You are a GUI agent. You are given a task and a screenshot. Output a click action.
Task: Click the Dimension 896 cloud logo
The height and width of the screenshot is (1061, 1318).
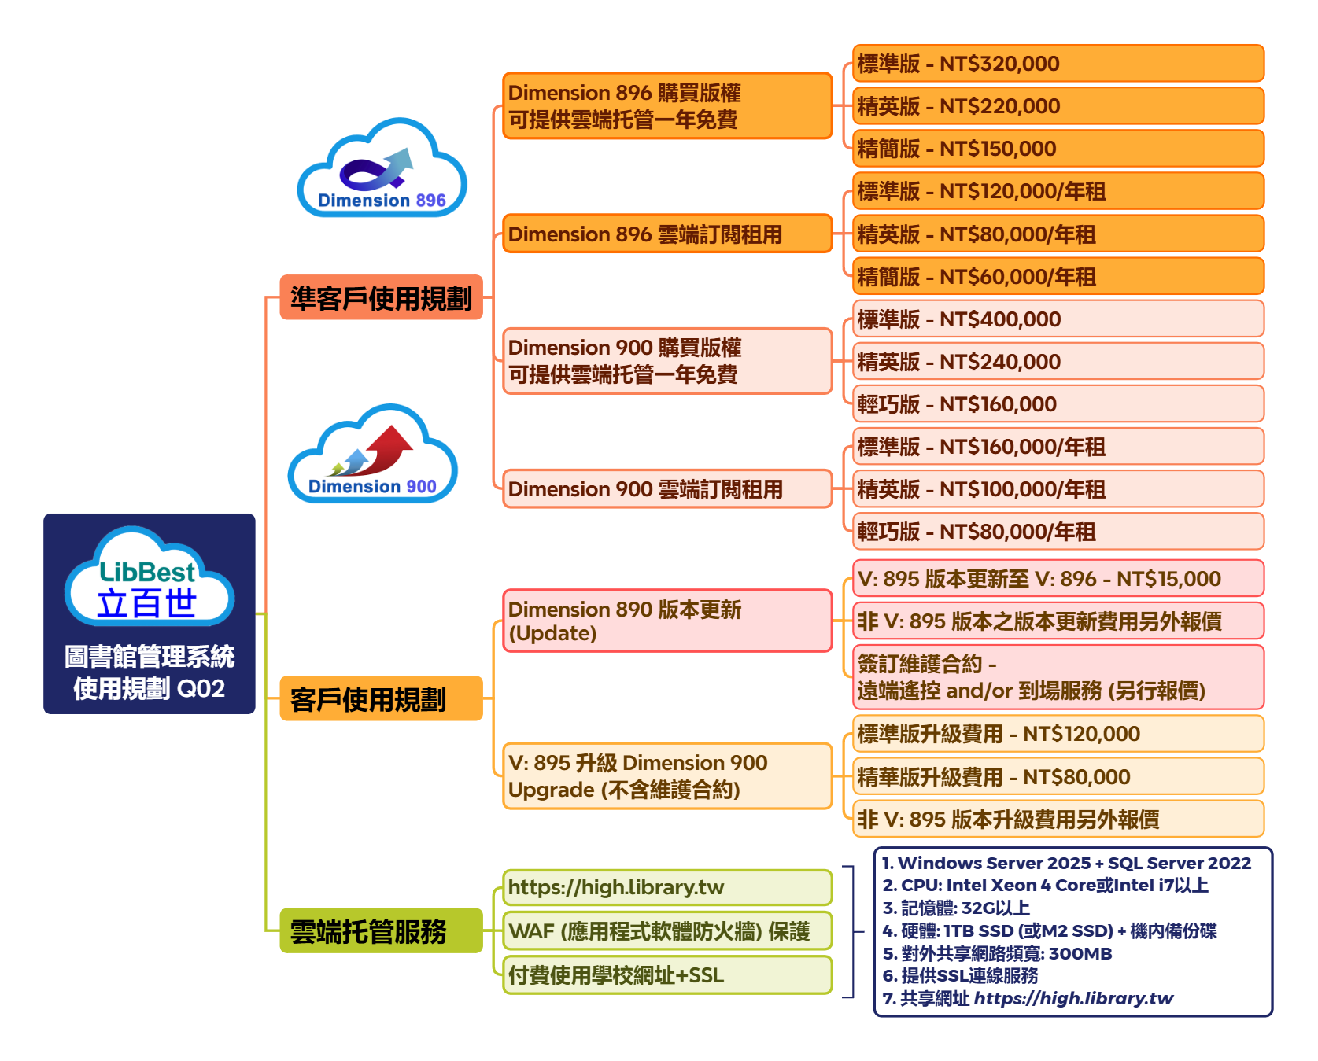point(382,169)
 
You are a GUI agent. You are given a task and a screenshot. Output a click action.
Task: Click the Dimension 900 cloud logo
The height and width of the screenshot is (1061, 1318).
point(373,455)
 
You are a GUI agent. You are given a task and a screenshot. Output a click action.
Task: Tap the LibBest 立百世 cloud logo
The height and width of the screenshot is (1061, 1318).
point(149,577)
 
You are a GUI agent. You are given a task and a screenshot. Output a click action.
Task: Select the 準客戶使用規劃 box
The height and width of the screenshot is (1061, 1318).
point(381,297)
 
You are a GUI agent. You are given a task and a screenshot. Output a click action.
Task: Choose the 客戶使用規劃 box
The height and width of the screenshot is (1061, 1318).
point(381,698)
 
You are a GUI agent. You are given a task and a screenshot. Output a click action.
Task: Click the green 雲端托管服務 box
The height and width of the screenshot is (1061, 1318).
point(381,930)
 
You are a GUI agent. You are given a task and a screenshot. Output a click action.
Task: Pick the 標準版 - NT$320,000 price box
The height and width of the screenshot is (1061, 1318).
point(1058,64)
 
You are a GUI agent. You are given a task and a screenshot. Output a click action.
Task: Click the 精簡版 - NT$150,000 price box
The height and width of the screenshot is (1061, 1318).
point(1058,149)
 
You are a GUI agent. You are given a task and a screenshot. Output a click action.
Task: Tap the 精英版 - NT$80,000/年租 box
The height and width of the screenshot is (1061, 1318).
point(1058,234)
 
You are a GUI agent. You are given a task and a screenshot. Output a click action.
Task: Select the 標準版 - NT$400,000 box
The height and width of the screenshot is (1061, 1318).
point(1058,319)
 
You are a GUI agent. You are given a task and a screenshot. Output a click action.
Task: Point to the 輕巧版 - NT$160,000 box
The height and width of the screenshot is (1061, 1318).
point(1058,404)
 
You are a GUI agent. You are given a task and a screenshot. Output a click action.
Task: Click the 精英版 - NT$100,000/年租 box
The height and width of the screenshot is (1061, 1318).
point(1058,489)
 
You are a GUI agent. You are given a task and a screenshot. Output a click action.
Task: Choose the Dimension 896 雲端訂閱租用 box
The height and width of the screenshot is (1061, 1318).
point(666,234)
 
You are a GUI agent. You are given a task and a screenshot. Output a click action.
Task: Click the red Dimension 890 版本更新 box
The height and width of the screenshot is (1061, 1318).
point(666,621)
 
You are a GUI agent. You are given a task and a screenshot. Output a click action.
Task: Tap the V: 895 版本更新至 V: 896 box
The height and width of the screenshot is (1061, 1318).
point(1058,579)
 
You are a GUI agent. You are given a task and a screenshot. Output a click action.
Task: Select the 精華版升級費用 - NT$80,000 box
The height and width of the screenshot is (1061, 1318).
point(1058,777)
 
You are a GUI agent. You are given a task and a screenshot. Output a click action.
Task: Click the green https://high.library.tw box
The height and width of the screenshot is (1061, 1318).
point(666,887)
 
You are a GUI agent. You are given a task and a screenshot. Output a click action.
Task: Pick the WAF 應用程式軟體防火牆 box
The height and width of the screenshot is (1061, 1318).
point(666,931)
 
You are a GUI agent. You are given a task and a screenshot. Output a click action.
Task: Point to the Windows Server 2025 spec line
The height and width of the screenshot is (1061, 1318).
point(1066,863)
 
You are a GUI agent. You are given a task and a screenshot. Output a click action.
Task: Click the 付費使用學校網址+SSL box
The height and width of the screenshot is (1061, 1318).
point(666,975)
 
